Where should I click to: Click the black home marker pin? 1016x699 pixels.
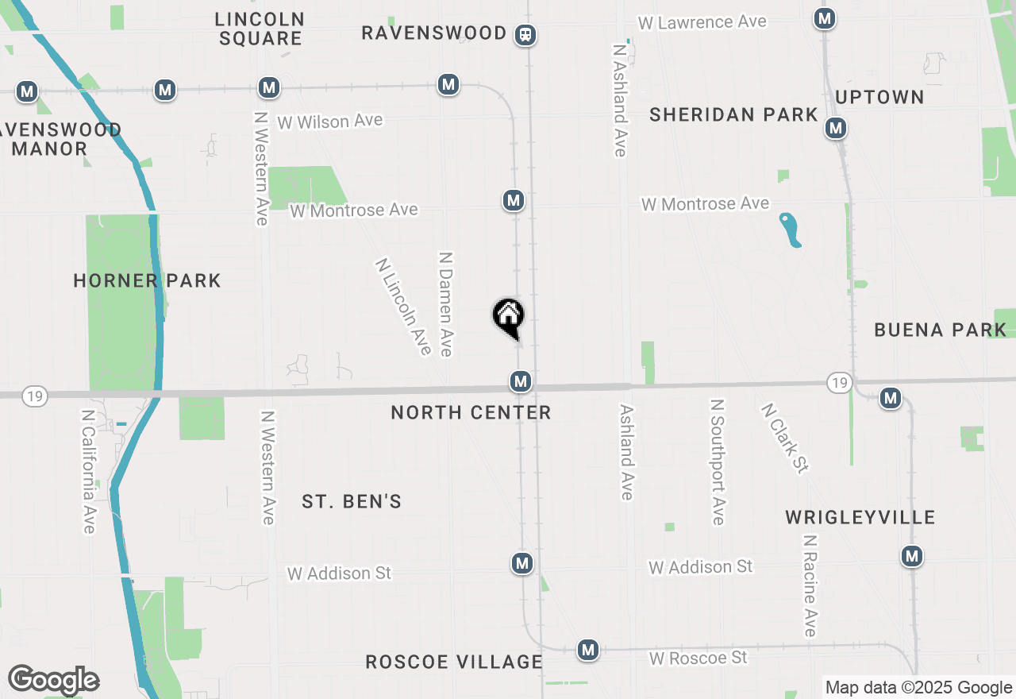508,317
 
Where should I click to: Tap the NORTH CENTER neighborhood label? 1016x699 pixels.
471,412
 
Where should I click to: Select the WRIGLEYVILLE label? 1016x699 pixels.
860,518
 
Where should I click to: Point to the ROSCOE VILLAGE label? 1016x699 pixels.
454,662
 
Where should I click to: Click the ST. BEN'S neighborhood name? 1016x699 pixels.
352,501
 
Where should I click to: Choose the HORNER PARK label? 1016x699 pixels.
147,280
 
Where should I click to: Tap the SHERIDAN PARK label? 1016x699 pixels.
733,115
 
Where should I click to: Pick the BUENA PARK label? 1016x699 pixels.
940,330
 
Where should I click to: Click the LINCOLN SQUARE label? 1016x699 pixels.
260,28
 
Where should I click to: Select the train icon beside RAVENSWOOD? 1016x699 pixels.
525,34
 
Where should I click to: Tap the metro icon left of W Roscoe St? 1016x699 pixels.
587,650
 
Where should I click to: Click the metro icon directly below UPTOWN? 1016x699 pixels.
835,128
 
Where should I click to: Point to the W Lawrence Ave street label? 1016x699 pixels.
702,22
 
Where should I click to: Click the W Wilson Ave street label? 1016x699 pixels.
330,122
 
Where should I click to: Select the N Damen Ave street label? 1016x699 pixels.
446,304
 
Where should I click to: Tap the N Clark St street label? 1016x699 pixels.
784,438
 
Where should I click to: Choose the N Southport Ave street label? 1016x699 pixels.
718,461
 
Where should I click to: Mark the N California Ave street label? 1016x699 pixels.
88,472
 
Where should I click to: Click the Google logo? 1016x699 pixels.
53,680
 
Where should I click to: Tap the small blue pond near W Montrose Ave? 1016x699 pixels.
791,230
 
